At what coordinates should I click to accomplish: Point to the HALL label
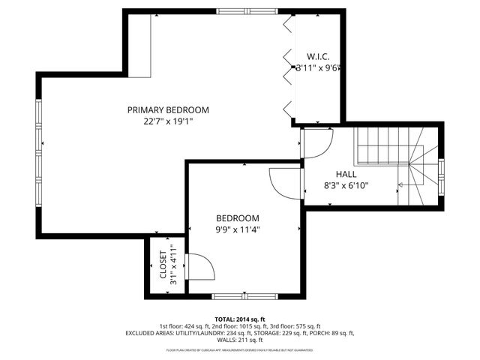(x=346, y=174)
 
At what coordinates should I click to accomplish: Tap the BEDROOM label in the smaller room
(x=237, y=218)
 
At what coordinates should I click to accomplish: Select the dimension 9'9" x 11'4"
(x=237, y=230)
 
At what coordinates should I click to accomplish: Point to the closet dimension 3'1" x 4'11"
(x=174, y=265)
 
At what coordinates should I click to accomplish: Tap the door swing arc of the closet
(x=201, y=267)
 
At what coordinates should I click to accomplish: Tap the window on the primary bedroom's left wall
(x=37, y=151)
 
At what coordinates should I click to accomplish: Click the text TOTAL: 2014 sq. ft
(x=239, y=319)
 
